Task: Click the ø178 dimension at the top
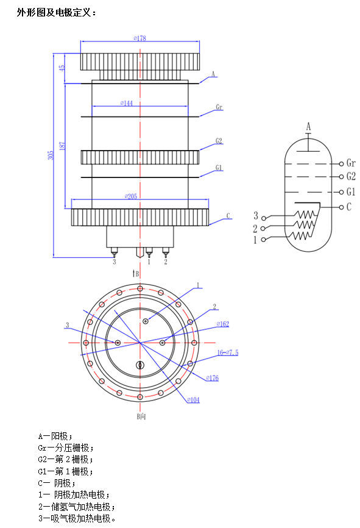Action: pyautogui.click(x=139, y=38)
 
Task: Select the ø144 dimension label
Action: pyautogui.click(x=127, y=103)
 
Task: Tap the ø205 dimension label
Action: pyautogui.click(x=131, y=196)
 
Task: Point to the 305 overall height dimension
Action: pyautogui.click(x=51, y=155)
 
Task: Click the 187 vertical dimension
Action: pyautogui.click(x=62, y=146)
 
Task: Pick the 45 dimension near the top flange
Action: pyautogui.click(x=62, y=67)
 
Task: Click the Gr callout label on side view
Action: pyautogui.click(x=219, y=107)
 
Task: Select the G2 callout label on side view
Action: pyautogui.click(x=219, y=141)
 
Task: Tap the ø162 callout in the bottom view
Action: pyautogui.click(x=223, y=324)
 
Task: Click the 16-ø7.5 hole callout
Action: pyautogui.click(x=228, y=352)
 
